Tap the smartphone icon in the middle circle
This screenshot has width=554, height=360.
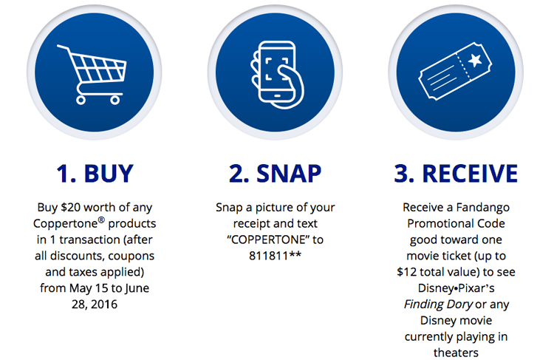pyautogui.click(x=277, y=74)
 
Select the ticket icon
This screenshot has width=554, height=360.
pyautogui.click(x=455, y=72)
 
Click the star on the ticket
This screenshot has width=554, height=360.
pyautogui.click(x=474, y=60)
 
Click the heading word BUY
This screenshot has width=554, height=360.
pyautogui.click(x=109, y=174)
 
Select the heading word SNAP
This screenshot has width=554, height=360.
pyautogui.click(x=289, y=174)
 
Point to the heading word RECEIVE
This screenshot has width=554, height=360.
pyautogui.click(x=470, y=174)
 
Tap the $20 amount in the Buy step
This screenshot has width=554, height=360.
pyautogui.click(x=70, y=207)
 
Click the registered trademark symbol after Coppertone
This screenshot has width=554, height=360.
pyautogui.click(x=101, y=220)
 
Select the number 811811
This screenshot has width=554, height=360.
pyautogui.click(x=269, y=256)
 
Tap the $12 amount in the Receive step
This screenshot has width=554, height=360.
pyautogui.click(x=407, y=272)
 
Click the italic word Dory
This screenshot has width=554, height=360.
pyautogui.click(x=459, y=305)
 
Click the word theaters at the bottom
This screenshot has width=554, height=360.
pyautogui.click(x=456, y=353)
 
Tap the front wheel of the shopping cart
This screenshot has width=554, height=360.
pyautogui.click(x=114, y=101)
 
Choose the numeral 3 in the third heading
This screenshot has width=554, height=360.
pyautogui.click(x=401, y=174)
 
